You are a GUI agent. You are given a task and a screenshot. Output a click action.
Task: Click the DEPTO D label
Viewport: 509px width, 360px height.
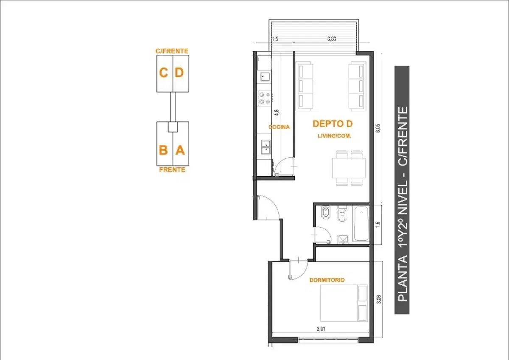click(333, 124)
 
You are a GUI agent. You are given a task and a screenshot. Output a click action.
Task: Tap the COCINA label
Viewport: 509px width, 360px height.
click(279, 127)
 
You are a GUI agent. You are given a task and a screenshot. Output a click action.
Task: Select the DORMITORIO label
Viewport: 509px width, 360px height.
click(327, 280)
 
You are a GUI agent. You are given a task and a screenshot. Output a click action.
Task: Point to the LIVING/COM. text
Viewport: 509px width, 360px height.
click(335, 136)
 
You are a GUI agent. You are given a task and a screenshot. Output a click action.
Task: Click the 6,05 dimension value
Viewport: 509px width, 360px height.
click(378, 128)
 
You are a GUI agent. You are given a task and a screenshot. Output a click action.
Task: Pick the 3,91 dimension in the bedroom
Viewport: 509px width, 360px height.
click(321, 329)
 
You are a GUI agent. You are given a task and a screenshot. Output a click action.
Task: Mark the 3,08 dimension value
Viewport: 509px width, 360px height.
click(379, 299)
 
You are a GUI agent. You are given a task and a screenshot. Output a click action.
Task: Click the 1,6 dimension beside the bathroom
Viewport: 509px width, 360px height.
click(378, 225)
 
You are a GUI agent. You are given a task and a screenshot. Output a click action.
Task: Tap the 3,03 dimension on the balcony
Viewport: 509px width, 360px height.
click(332, 39)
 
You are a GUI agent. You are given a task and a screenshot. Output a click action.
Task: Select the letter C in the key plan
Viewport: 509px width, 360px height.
click(164, 73)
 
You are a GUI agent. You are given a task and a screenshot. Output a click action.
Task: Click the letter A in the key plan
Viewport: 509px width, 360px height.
click(180, 150)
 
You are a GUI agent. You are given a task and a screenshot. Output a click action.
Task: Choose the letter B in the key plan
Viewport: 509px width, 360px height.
click(163, 150)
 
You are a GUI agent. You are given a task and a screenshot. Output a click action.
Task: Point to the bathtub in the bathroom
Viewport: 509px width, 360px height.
click(361, 224)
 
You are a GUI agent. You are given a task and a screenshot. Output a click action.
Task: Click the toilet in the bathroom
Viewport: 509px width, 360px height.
click(342, 214)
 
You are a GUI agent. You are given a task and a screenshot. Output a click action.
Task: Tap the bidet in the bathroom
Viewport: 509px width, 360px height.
click(326, 212)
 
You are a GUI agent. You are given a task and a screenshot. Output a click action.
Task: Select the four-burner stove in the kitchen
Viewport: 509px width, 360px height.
click(265, 98)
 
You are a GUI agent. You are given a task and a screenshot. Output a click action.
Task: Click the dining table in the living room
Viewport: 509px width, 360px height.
click(349, 168)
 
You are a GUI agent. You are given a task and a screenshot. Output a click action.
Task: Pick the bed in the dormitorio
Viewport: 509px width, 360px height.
click(344, 303)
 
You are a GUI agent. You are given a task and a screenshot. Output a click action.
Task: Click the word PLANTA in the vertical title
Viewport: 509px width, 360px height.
click(403, 278)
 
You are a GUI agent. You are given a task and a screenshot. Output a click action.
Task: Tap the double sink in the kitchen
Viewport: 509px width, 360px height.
click(266, 147)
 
